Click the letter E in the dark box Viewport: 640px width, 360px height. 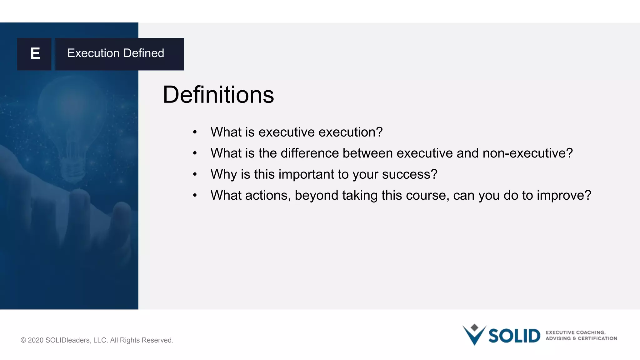[35, 53]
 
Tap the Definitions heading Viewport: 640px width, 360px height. [218, 95]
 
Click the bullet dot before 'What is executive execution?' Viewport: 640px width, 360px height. [195, 132]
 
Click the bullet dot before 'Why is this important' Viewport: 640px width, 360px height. [195, 174]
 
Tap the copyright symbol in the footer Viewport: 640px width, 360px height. [23, 340]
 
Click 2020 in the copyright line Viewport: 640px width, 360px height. [35, 340]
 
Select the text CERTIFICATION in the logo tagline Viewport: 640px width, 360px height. [597, 338]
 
